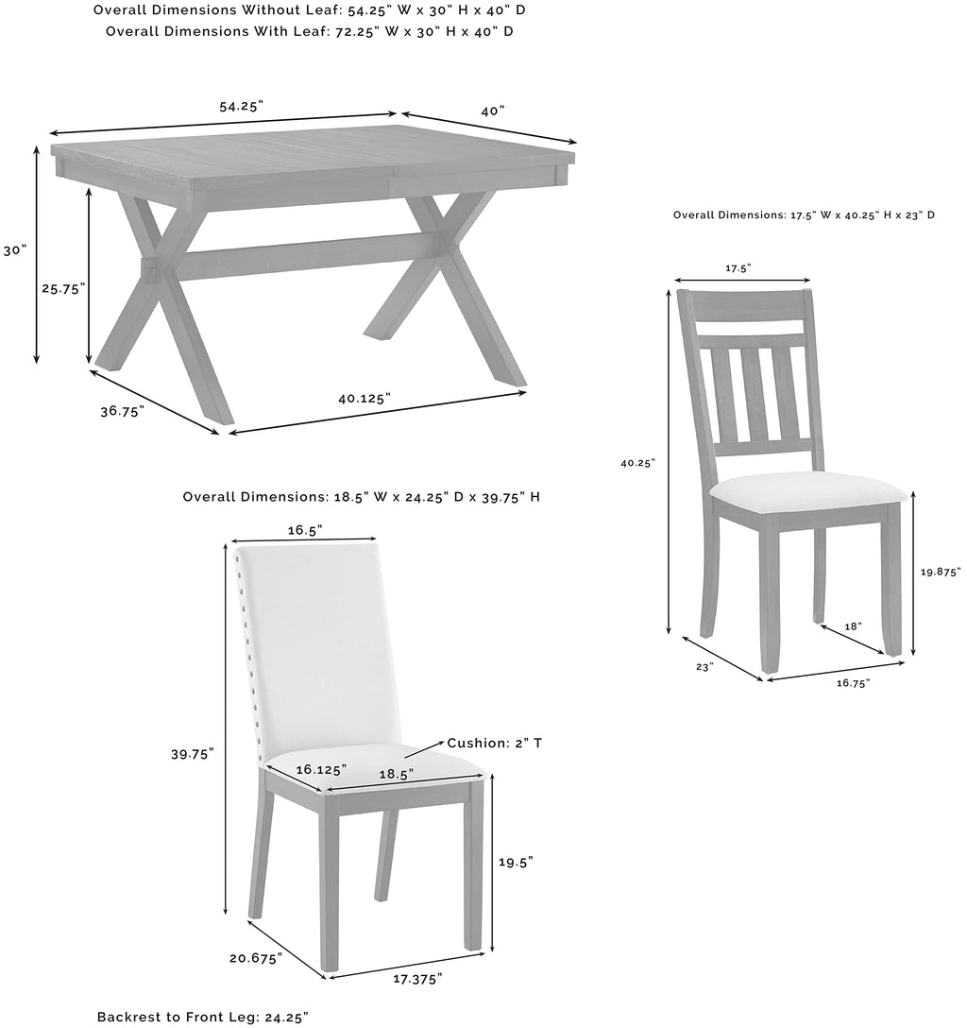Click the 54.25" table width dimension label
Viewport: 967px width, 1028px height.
pos(241,107)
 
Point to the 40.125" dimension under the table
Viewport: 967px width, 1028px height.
pos(364,399)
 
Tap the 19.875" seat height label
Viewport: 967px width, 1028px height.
pos(940,572)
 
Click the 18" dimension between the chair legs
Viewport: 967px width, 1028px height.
pos(853,625)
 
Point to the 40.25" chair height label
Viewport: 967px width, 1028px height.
pos(638,463)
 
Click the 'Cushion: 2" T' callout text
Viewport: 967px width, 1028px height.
pos(495,743)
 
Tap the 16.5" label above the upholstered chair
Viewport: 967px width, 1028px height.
pos(304,529)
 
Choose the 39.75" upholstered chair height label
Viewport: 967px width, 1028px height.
pos(193,753)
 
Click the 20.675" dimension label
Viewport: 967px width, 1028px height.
pos(255,958)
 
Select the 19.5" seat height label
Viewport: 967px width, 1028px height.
pos(516,862)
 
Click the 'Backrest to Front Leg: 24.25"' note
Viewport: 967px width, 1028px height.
pos(202,1017)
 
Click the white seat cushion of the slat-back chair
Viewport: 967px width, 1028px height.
pos(807,489)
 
